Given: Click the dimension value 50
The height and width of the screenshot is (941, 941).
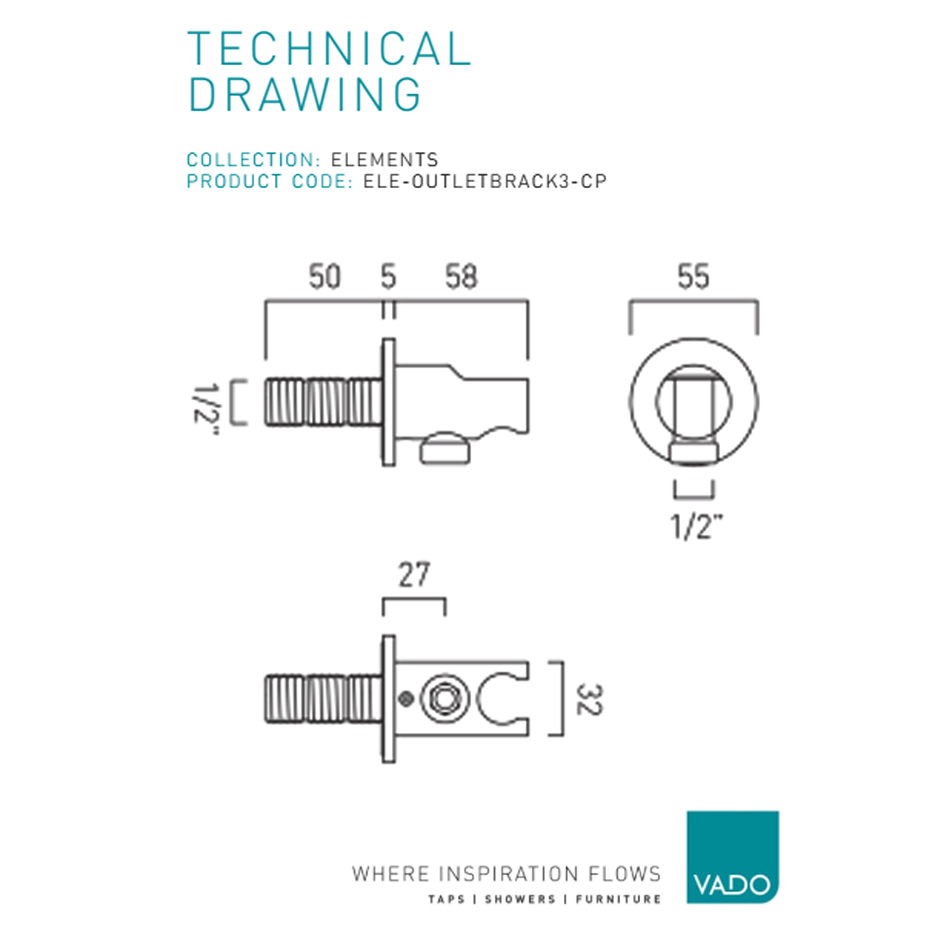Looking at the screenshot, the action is pyautogui.click(x=324, y=276).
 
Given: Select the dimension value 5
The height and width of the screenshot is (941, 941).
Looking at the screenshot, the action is pyautogui.click(x=388, y=276).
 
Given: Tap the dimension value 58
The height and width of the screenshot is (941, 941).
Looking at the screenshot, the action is pyautogui.click(x=462, y=276).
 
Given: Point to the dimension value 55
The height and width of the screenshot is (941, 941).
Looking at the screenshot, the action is pyautogui.click(x=694, y=276).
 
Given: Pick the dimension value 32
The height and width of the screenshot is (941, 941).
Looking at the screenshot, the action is pyautogui.click(x=590, y=699).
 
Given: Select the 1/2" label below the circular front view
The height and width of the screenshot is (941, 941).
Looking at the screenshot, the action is pyautogui.click(x=696, y=526).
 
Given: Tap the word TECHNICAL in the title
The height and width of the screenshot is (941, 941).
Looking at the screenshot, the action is pyautogui.click(x=329, y=48).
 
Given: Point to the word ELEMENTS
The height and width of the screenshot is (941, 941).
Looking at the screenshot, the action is pyautogui.click(x=384, y=160).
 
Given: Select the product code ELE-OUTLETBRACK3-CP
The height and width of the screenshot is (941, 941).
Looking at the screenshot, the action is pyautogui.click(x=485, y=181).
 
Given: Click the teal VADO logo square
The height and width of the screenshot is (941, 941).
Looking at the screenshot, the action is pyautogui.click(x=733, y=857).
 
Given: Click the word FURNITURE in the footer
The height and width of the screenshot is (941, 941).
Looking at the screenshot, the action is pyautogui.click(x=618, y=899).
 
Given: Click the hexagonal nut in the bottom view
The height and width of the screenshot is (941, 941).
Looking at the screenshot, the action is pyautogui.click(x=444, y=699).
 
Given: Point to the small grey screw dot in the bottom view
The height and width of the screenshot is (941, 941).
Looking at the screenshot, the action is pyautogui.click(x=405, y=699).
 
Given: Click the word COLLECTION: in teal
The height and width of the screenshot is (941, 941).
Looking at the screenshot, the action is pyautogui.click(x=253, y=160).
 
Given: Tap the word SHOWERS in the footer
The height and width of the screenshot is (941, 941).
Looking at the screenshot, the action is pyautogui.click(x=520, y=899).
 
